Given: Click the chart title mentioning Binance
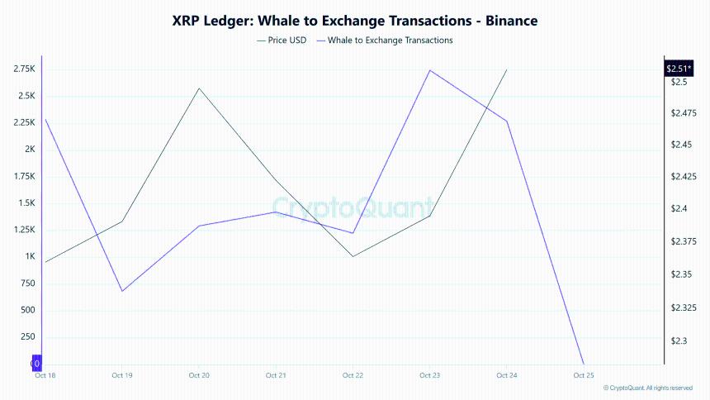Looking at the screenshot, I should click(354, 19).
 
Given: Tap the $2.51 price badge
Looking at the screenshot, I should click(678, 69).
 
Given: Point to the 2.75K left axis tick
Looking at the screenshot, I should click(24, 69).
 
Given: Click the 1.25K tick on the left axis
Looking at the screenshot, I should click(24, 230).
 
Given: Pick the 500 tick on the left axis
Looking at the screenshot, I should click(27, 310).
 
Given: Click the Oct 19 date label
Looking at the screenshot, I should click(121, 375).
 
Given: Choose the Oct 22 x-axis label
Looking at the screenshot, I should click(353, 375).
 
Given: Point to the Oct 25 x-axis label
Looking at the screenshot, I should click(584, 375).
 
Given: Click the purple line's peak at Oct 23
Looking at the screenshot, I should click(429, 70).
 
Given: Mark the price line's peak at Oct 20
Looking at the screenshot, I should click(199, 88).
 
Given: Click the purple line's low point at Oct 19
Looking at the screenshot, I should click(122, 291).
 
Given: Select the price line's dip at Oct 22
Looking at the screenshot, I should click(353, 256).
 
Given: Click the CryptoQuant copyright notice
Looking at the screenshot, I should click(649, 388).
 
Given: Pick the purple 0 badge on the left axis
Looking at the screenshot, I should click(35, 363).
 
